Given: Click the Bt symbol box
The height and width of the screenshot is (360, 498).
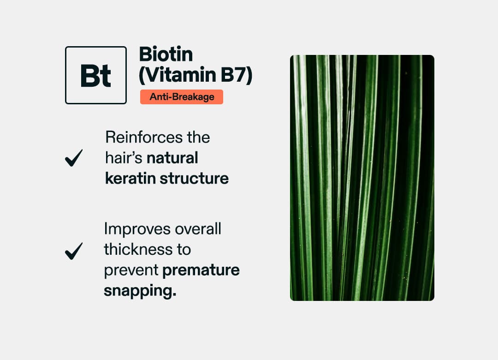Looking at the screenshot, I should tap(96, 75).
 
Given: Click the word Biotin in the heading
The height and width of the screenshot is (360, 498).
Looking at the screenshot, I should tap(166, 55).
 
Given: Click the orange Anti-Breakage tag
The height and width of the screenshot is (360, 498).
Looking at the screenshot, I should tap(182, 97).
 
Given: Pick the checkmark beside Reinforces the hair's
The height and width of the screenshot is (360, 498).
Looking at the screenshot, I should tap(74, 158).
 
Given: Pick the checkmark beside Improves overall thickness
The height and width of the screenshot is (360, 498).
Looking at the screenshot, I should tap(74, 251).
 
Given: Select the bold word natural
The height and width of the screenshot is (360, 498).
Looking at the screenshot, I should tap(172, 158).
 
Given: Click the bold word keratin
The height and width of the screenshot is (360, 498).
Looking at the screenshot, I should tap(130, 178).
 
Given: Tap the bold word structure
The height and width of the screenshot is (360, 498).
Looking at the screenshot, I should tap(194, 178).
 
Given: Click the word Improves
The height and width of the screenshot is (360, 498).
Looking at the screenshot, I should tap(133, 228).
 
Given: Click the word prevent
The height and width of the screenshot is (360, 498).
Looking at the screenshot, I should tap(130, 270).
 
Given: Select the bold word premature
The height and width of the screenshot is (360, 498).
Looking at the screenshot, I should tap(201, 270).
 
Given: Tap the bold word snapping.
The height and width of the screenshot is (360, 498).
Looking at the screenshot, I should tap(139, 291).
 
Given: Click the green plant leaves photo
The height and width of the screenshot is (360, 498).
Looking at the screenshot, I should tap(362, 178).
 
